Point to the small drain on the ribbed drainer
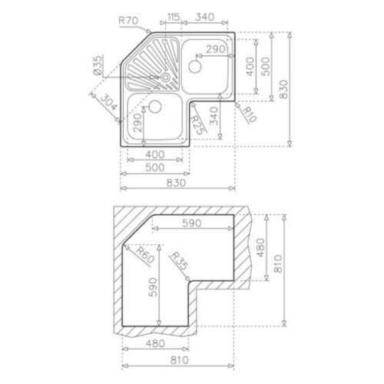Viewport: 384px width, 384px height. [x=165, y=77]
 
